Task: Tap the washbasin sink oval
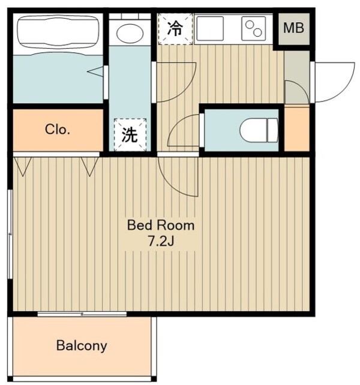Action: pyautogui.click(x=130, y=33)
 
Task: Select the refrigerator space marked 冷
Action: pyautogui.click(x=175, y=29)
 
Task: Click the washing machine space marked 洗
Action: pyautogui.click(x=130, y=135)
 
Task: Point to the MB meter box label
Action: pyautogui.click(x=294, y=28)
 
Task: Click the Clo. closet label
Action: pyautogui.click(x=58, y=129)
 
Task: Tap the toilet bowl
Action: pyautogui.click(x=259, y=130)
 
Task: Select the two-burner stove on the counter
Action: pyautogui.click(x=254, y=28)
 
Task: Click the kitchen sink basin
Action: pyautogui.click(x=209, y=28)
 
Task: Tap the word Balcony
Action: pyautogui.click(x=82, y=346)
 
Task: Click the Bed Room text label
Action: pyautogui.click(x=161, y=225)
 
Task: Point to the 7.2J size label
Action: pyautogui.click(x=161, y=241)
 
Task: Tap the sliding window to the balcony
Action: pyautogui.click(x=82, y=314)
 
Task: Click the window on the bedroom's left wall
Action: pyautogui.click(x=10, y=234)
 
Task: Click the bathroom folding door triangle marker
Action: pyautogui.click(x=95, y=71)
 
